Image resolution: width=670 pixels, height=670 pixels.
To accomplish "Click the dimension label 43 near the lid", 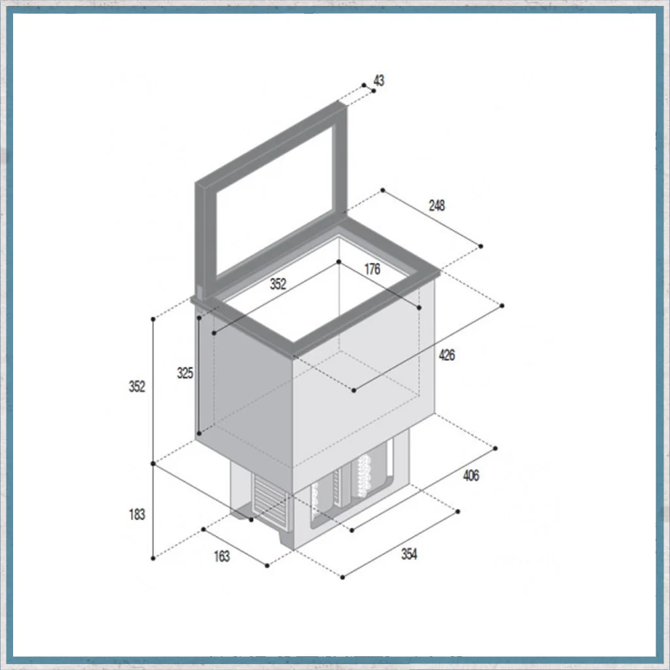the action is pyautogui.click(x=379, y=80).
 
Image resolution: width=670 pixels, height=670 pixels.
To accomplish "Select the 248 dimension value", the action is pyautogui.click(x=436, y=205).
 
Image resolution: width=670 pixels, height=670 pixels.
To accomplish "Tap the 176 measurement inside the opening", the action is pyautogui.click(x=372, y=269).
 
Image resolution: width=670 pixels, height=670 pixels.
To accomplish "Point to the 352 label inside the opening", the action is pyautogui.click(x=278, y=284).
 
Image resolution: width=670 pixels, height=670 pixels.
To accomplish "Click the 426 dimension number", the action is pyautogui.click(x=446, y=355).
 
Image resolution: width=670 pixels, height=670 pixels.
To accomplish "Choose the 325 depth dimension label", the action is pyautogui.click(x=185, y=373).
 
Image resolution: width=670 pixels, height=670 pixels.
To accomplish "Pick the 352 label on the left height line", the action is pyautogui.click(x=137, y=387).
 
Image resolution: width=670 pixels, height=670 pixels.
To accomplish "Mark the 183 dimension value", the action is pyautogui.click(x=137, y=514).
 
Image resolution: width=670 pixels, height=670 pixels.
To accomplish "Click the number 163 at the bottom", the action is pyautogui.click(x=222, y=556).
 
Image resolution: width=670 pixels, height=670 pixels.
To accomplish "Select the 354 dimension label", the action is pyautogui.click(x=409, y=554).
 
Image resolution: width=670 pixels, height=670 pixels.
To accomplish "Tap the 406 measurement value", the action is pyautogui.click(x=471, y=476).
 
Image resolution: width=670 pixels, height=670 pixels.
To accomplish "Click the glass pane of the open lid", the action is pyautogui.click(x=275, y=202).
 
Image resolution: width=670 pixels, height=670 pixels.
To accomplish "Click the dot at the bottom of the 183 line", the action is pyautogui.click(x=153, y=559).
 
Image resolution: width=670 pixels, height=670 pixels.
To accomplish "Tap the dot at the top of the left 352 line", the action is pyautogui.click(x=153, y=319).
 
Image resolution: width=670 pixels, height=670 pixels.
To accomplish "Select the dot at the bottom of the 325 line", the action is pyautogui.click(x=199, y=434).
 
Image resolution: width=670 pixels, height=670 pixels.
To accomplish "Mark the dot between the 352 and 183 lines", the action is pyautogui.click(x=153, y=464).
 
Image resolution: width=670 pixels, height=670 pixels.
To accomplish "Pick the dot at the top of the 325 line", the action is pyautogui.click(x=199, y=318).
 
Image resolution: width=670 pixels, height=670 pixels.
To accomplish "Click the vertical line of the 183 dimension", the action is pyautogui.click(x=153, y=511).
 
